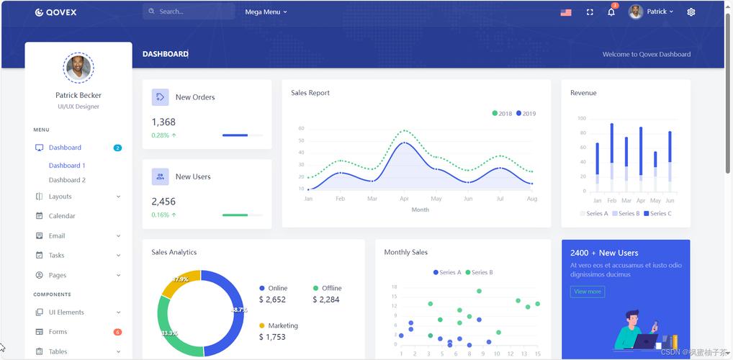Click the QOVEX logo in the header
coord(56,12)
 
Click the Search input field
coord(191,12)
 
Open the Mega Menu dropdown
coord(266,12)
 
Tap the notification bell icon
coord(611,12)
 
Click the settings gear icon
coord(691,12)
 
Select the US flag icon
coord(566,12)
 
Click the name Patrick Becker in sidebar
coord(78,95)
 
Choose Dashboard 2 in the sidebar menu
coord(67,180)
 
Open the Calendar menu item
coord(62,216)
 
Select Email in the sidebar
coord(57,235)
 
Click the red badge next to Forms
coord(117,332)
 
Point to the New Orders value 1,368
coord(163,122)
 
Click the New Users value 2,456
coord(163,202)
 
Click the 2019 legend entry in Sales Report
coord(526,114)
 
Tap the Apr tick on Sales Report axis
coord(404,199)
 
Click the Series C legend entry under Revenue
coord(657,214)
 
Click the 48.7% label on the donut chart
coord(238,310)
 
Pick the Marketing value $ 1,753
coord(272,337)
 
